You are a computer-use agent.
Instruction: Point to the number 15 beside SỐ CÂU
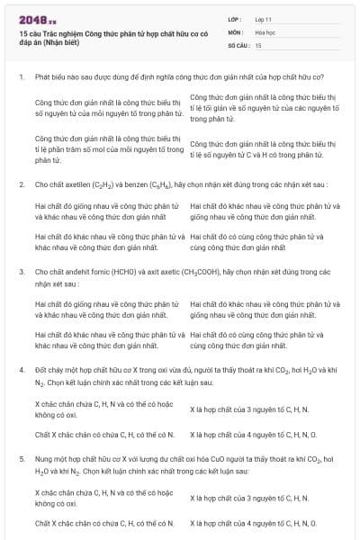pos(259,44)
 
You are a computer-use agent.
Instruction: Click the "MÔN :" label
pos(235,31)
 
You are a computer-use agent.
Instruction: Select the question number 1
pos(21,78)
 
